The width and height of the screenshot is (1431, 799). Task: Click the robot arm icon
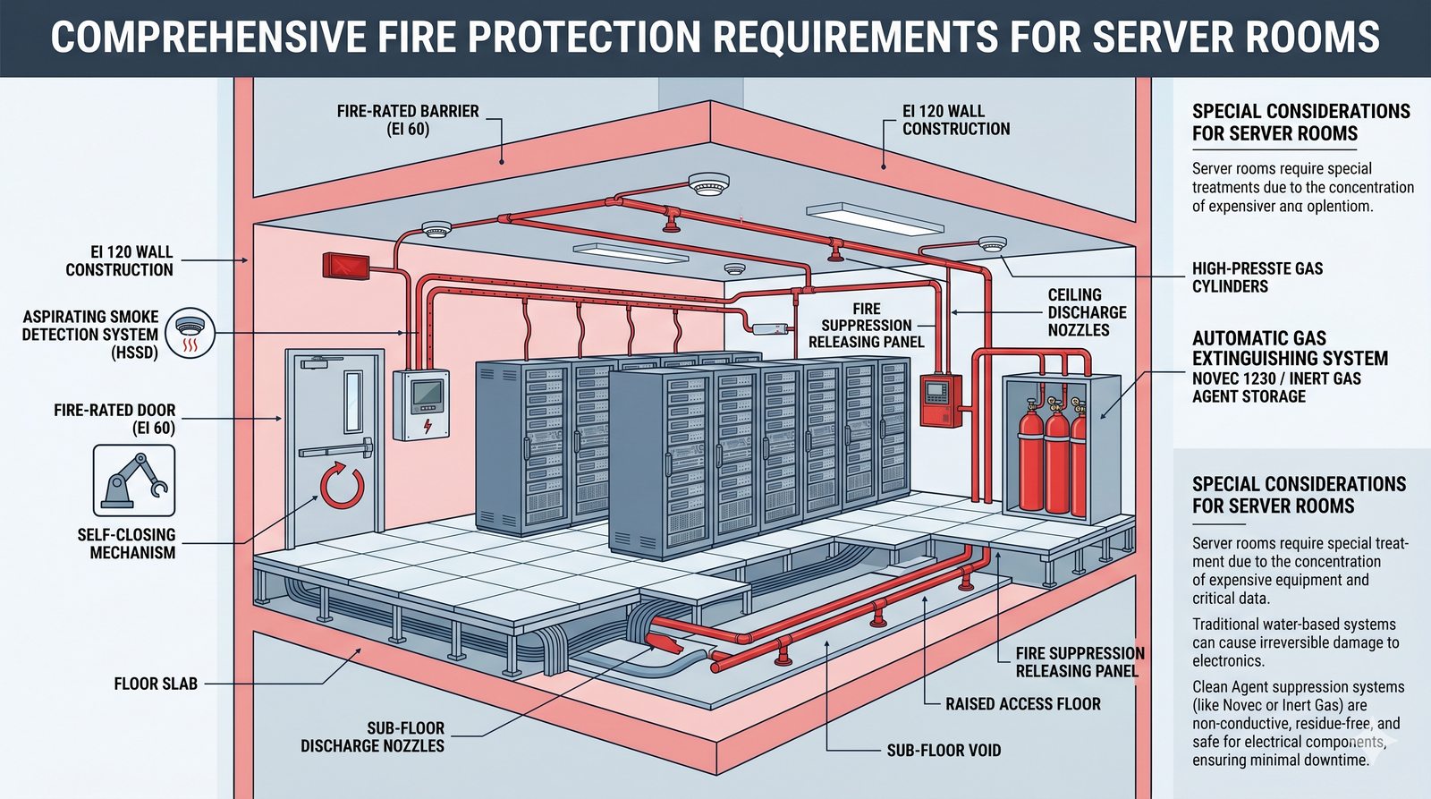pyautogui.click(x=134, y=480)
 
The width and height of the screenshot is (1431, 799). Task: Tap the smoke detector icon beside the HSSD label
pyautogui.click(x=190, y=333)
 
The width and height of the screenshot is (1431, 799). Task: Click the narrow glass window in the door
pyautogui.click(x=353, y=401)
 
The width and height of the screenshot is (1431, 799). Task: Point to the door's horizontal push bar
pyautogui.click(x=335, y=450)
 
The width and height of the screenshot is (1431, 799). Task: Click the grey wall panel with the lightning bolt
pyautogui.click(x=421, y=404)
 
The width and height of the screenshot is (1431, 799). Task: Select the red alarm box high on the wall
pyautogui.click(x=344, y=265)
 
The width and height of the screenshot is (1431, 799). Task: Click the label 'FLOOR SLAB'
pyautogui.click(x=156, y=684)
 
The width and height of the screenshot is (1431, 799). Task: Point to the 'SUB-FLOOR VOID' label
pyautogui.click(x=944, y=750)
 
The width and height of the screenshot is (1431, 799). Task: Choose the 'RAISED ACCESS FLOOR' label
pyautogui.click(x=1022, y=704)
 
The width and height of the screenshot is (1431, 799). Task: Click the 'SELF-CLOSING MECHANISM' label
pyautogui.click(x=126, y=543)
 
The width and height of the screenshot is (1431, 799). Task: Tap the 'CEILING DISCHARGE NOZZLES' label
pyautogui.click(x=1087, y=312)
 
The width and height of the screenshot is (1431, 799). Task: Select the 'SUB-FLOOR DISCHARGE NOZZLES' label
pyautogui.click(x=372, y=736)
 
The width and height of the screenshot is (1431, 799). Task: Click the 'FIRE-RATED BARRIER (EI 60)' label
pyautogui.click(x=408, y=120)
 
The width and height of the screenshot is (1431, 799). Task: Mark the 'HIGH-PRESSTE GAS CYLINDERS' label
pyautogui.click(x=1257, y=277)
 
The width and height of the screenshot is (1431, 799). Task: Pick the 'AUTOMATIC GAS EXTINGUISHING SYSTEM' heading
pyautogui.click(x=1290, y=348)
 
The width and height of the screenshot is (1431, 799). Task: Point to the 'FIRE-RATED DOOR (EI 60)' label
pyautogui.click(x=114, y=419)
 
